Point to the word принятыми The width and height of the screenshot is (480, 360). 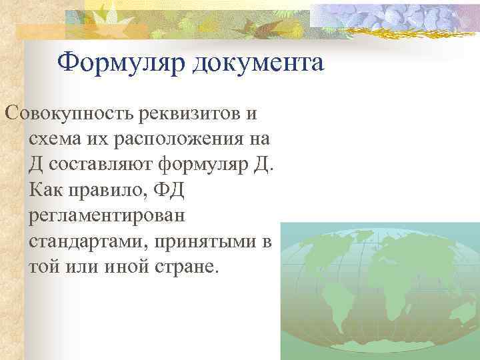pyautogui.click(x=203, y=242)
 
